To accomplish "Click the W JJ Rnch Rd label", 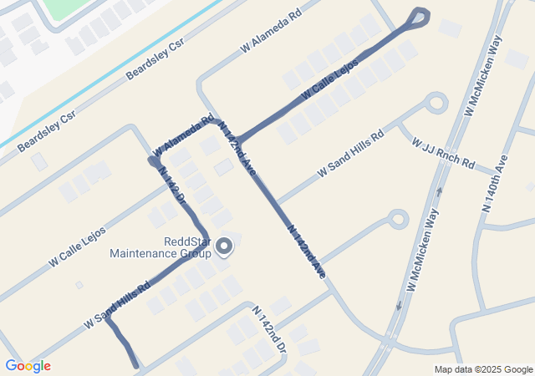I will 443,153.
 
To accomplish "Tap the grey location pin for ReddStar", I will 224,246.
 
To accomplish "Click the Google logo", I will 28,366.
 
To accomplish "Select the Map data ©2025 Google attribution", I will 483,369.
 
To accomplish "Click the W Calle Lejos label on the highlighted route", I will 330,76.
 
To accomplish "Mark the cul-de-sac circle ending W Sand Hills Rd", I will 435,104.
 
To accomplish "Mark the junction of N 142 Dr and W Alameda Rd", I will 153,159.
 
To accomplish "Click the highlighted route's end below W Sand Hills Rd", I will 135,364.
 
